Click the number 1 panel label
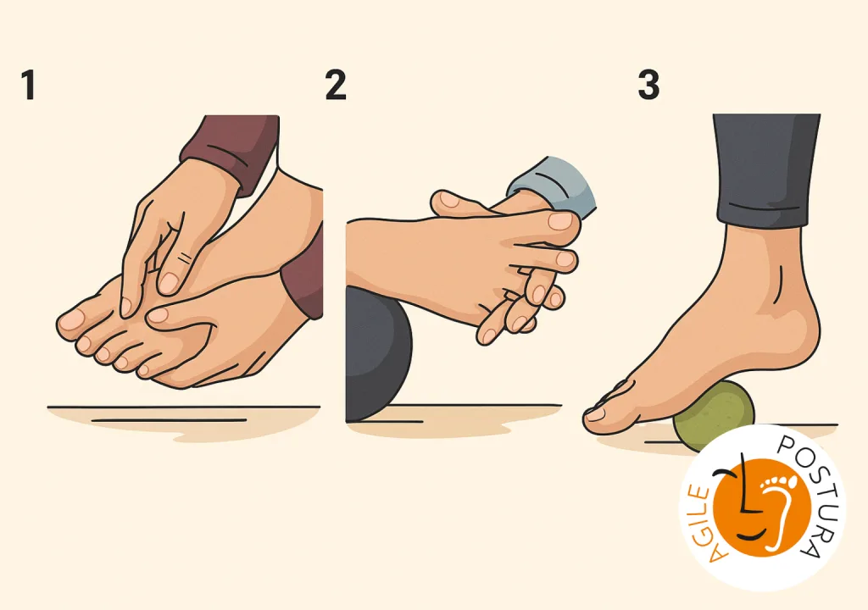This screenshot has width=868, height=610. [x=29, y=85]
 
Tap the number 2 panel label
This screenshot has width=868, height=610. [x=336, y=85]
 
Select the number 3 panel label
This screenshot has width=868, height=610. [x=648, y=85]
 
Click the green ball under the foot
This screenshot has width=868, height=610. [x=715, y=413]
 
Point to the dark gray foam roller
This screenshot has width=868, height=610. [x=377, y=354]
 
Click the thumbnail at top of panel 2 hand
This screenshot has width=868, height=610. [x=559, y=221]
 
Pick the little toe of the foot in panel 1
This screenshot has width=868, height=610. [x=145, y=369]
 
